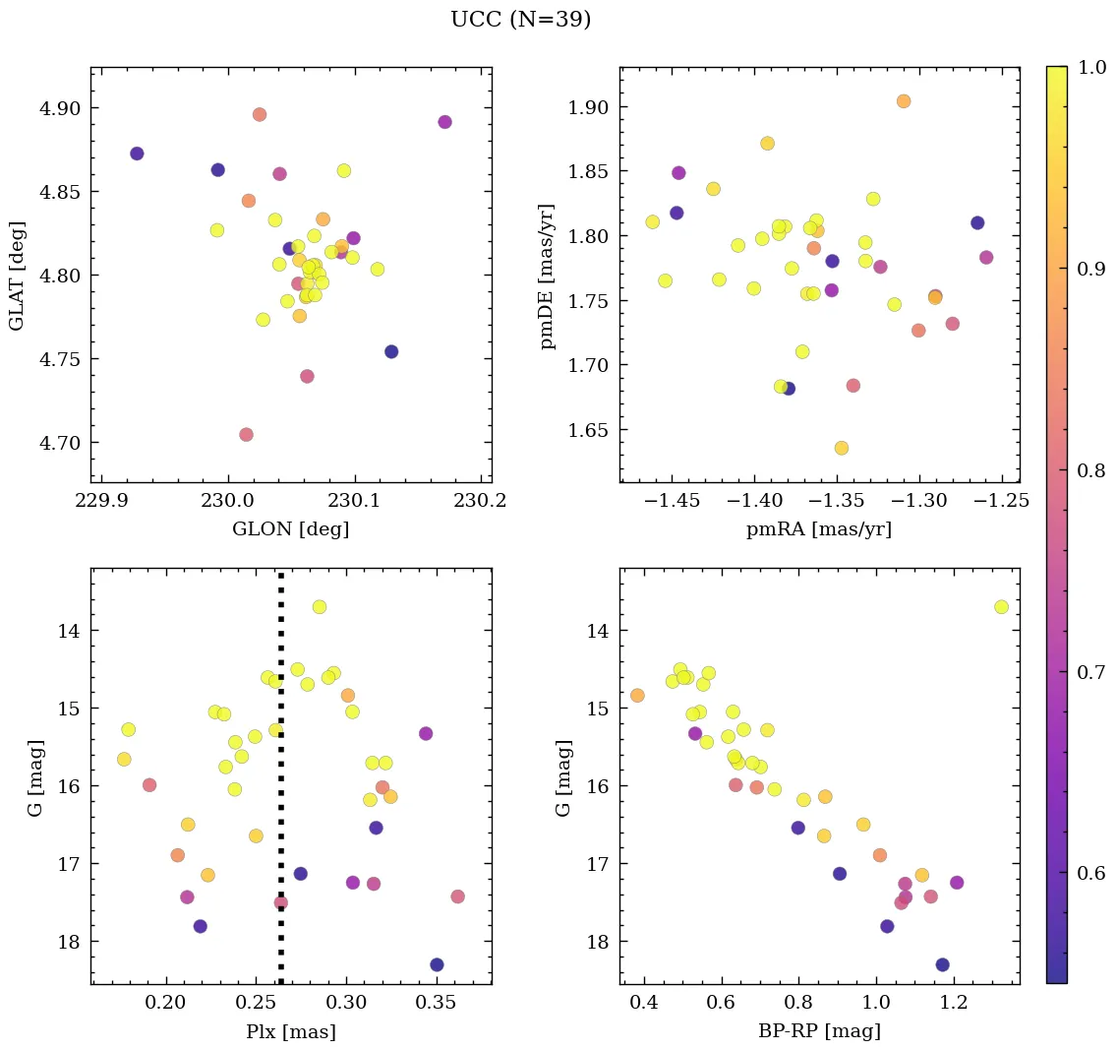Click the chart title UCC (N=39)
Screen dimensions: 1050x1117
520,20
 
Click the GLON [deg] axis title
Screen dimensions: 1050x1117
290,529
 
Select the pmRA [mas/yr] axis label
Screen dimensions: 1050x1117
819,529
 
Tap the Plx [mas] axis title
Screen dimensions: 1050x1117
290,1032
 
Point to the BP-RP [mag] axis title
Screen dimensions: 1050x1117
819,1032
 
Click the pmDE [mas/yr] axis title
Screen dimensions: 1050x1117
548,277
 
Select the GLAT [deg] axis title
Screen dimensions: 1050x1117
17,276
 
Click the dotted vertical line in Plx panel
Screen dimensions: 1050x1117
281,787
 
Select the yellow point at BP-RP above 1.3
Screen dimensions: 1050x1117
1001,607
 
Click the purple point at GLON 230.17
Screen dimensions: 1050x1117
444,122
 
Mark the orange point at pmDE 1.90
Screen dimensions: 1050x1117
904,101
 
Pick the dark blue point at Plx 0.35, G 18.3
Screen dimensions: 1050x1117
437,964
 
